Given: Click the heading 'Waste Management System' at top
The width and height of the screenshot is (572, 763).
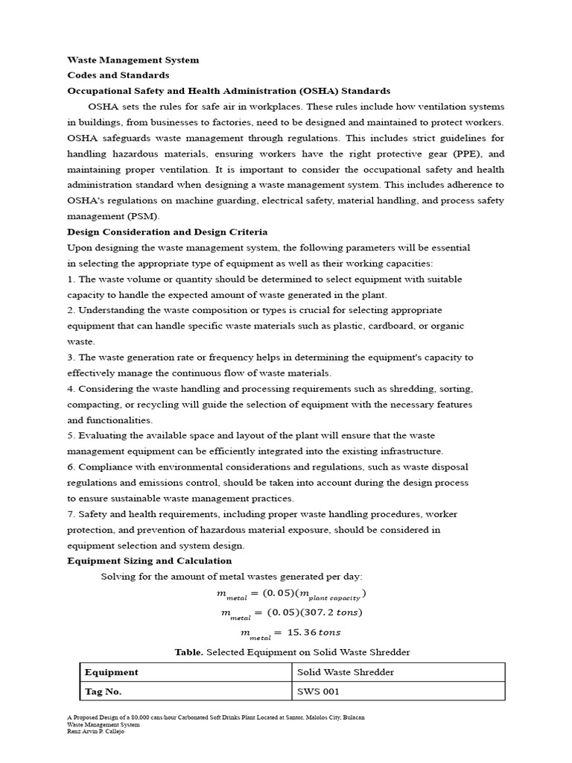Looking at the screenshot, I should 133,60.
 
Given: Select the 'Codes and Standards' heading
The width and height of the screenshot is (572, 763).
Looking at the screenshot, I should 118,75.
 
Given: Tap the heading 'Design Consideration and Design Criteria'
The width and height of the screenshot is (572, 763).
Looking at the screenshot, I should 168,232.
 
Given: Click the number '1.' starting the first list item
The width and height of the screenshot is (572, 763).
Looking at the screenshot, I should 71,279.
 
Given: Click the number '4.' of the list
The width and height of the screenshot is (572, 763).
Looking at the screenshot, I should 71,389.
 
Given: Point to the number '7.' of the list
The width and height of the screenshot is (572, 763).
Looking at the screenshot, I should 71,514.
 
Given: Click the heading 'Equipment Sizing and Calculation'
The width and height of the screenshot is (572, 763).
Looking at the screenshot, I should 150,560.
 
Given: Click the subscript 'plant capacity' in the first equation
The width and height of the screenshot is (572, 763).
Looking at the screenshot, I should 335,597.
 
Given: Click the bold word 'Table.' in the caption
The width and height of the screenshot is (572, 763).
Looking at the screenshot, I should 189,652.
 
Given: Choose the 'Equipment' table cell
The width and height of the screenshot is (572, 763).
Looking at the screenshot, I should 112,672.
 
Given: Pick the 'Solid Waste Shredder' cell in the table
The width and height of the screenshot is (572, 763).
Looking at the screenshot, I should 346,672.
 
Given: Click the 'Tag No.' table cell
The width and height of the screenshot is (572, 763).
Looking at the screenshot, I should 104,691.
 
